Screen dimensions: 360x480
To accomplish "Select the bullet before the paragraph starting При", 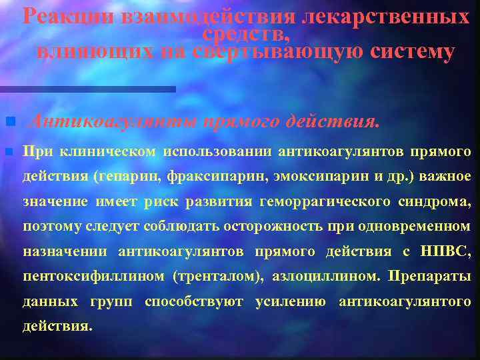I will (x=9, y=151).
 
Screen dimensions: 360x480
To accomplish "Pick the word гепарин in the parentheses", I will (x=128, y=177).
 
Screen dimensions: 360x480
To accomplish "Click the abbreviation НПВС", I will (x=446, y=251).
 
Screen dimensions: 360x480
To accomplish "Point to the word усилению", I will (x=291, y=302).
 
